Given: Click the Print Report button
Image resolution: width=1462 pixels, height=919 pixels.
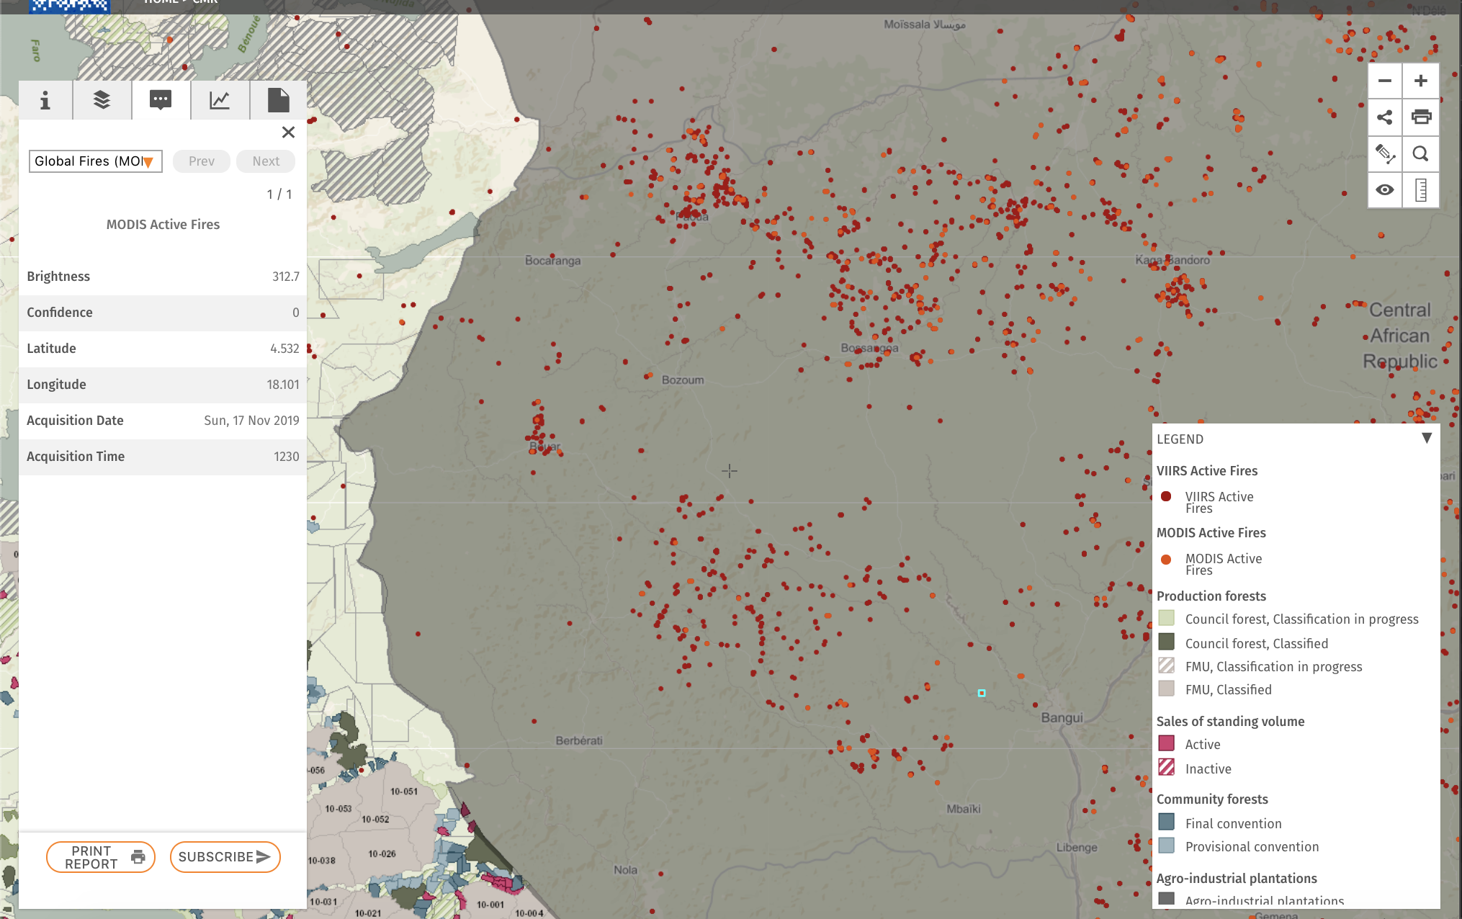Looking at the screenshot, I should (x=101, y=857).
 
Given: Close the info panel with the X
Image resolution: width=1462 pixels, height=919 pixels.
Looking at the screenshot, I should (x=288, y=133).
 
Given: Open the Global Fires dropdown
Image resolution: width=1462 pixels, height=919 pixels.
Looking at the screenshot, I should (x=95, y=161).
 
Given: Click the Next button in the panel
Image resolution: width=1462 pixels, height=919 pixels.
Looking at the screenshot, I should (x=266, y=161).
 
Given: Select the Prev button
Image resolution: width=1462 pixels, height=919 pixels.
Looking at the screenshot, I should (x=202, y=161).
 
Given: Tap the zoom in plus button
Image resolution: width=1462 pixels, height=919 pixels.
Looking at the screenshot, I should (x=1420, y=81).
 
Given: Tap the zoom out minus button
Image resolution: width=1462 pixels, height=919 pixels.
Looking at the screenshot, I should (x=1384, y=81).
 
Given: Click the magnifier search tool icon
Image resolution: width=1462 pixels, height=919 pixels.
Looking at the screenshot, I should (x=1420, y=153).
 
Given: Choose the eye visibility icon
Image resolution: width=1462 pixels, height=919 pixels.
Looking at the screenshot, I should (x=1384, y=190).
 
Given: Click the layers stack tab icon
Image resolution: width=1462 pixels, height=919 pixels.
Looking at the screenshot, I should (x=102, y=100).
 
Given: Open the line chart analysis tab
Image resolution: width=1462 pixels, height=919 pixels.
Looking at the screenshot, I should (x=220, y=100).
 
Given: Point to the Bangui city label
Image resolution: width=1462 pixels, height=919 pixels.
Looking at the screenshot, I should (x=1062, y=718).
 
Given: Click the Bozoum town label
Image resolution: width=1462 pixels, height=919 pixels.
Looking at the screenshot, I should (x=683, y=380).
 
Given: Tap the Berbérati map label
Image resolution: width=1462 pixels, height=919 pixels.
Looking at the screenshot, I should (x=579, y=740).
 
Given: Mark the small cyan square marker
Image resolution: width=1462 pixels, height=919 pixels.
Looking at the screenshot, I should (x=982, y=693).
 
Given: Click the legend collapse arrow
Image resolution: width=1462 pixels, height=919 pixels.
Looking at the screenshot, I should (x=1426, y=438).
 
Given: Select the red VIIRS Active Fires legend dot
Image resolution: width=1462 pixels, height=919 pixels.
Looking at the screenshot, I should (x=1166, y=496).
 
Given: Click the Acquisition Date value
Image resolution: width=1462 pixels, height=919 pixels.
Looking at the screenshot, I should (x=251, y=421).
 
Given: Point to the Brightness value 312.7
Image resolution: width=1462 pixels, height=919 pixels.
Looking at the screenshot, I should (x=285, y=277).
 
